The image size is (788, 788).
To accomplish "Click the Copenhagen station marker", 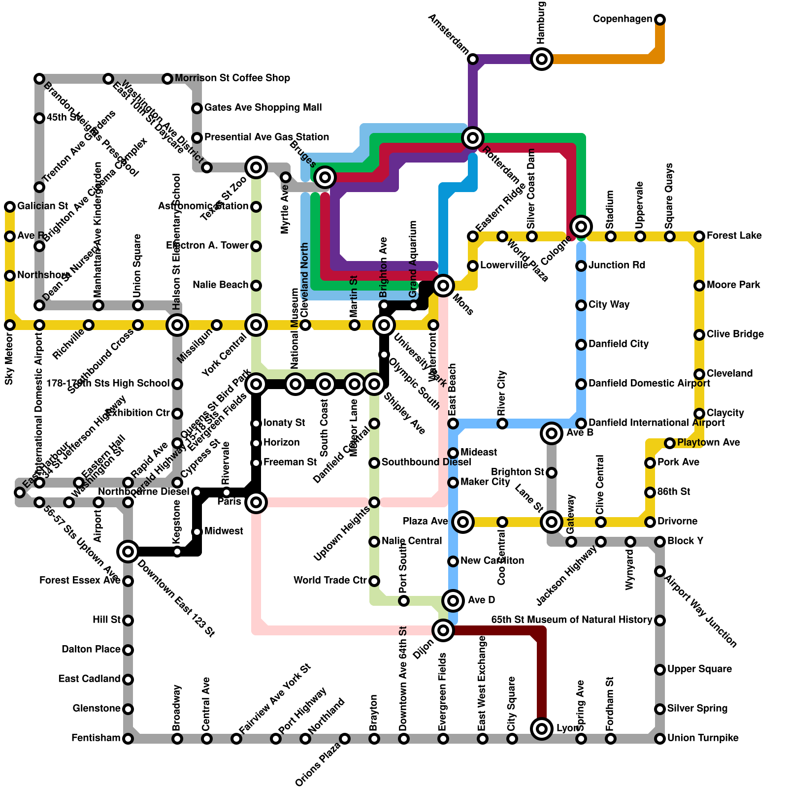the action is coord(660,20).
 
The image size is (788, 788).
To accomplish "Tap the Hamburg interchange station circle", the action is coord(542,59).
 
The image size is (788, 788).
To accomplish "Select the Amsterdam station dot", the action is coord(473,59).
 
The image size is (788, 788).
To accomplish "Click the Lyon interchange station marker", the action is coord(542,729).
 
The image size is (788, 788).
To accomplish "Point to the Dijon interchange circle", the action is coord(443,630).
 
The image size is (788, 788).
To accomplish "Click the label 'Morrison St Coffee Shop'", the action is coord(232,78).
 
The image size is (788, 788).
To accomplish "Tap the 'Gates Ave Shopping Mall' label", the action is coord(263,108).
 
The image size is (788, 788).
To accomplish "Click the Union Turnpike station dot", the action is coord(660,739).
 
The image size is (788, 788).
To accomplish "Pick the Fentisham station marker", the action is coord(128,739).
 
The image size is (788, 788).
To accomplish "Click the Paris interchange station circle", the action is coord(256,502).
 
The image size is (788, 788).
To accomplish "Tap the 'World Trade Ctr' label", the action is coord(330,581).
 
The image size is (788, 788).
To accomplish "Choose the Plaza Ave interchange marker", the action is coord(463,522).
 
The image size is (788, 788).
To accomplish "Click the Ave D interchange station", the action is coord(453,601).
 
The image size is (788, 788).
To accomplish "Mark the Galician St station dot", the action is coord(10,207).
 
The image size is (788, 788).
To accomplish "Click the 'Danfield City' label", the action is coord(618,344).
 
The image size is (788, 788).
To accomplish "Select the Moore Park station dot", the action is coord(699,286).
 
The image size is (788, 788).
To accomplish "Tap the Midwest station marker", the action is coord(197,532).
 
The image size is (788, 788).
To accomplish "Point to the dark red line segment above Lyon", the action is coord(542,680).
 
